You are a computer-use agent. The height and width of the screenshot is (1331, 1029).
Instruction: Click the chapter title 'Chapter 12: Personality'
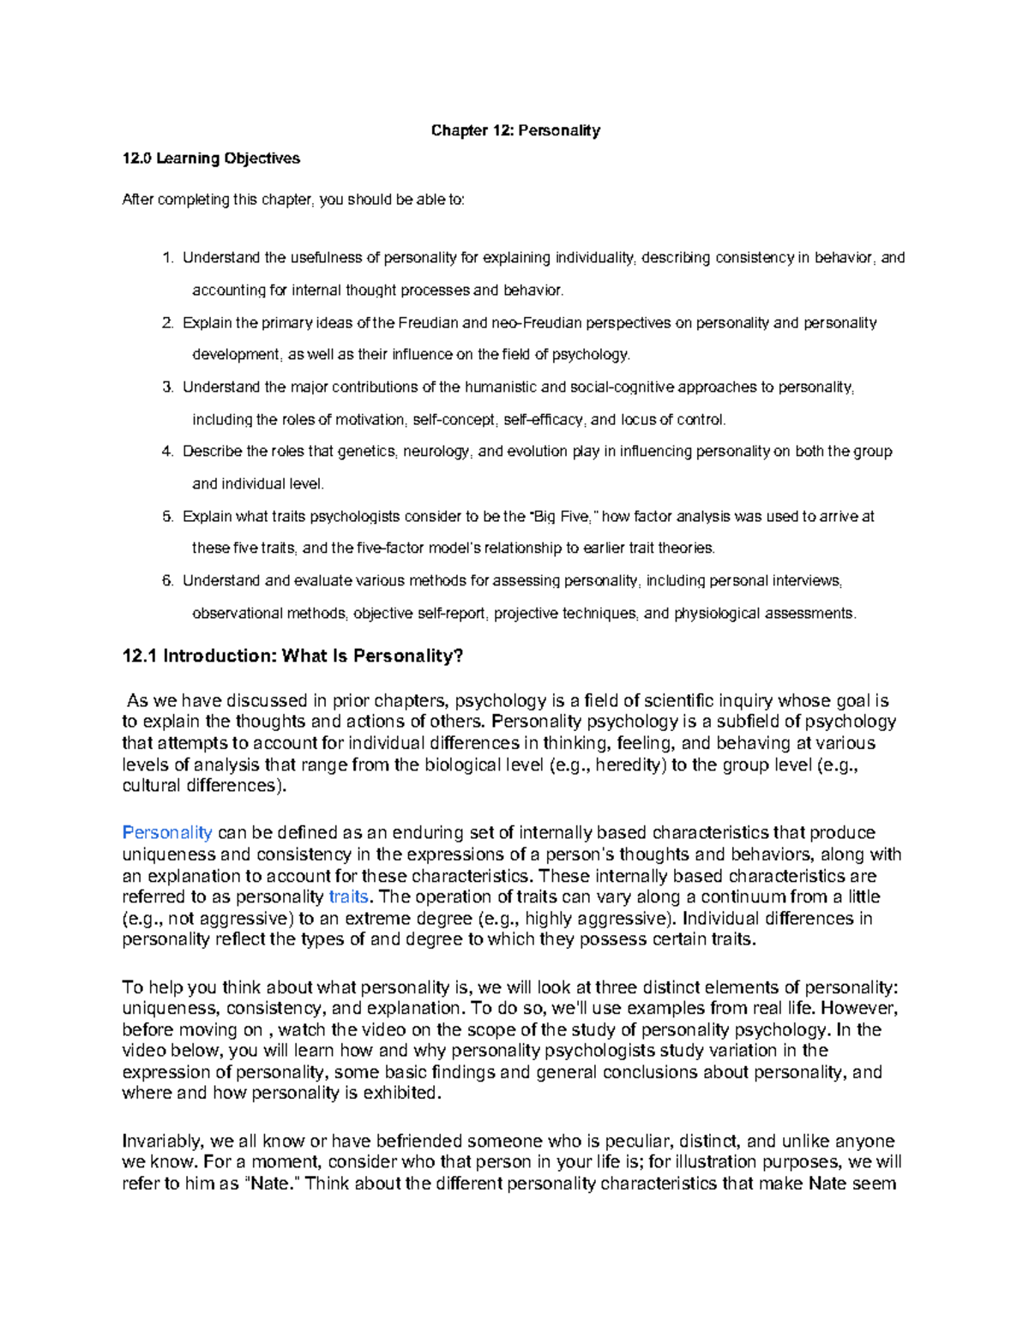(515, 130)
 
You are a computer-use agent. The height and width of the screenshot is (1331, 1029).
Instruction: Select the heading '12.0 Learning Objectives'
(211, 159)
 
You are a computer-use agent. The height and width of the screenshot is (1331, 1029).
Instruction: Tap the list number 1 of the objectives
(167, 258)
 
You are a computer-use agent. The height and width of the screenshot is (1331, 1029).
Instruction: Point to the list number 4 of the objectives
(167, 452)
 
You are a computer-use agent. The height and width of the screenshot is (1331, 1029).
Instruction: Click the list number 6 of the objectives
(167, 581)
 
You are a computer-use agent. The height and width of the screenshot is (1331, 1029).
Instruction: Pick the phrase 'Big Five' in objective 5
(562, 517)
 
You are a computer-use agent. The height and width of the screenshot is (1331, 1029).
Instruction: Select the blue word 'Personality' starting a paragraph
(167, 833)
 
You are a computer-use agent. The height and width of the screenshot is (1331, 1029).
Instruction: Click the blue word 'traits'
(349, 897)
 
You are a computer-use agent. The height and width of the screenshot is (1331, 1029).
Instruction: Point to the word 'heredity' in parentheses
(629, 764)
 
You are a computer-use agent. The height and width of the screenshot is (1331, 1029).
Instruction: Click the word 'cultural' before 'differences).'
(152, 786)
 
